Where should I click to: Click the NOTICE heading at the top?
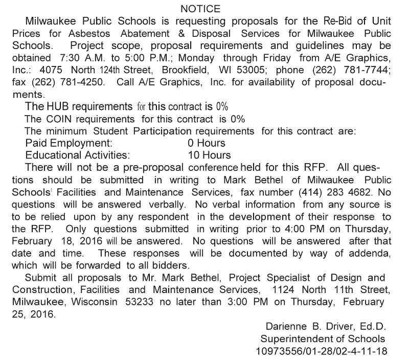coord(200,9)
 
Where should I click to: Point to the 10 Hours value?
coord(209,155)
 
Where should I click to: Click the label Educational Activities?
coord(78,155)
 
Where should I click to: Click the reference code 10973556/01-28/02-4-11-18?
coord(322,351)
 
